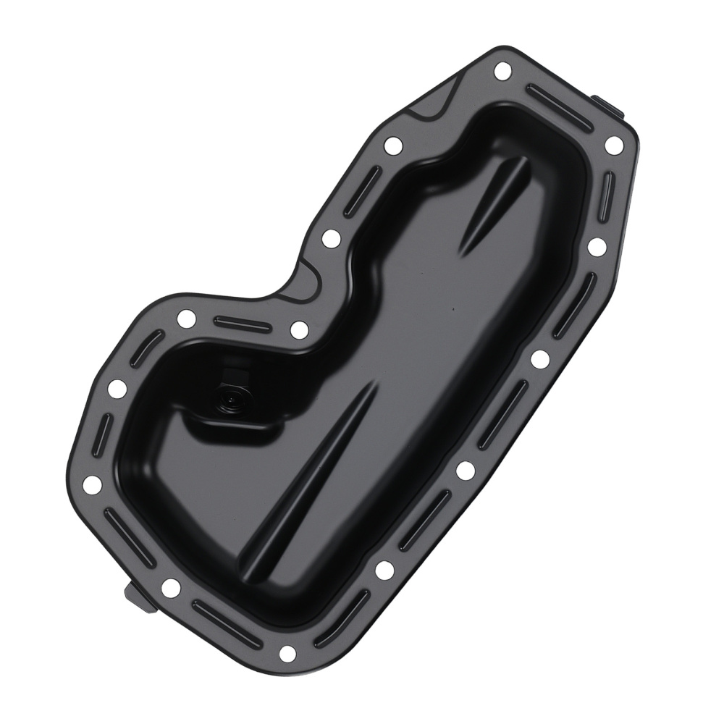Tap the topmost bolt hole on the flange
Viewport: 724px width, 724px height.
[501, 71]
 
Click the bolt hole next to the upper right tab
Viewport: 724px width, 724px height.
[613, 144]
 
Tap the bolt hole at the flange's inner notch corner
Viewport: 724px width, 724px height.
[299, 329]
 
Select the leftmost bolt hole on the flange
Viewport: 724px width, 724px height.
[93, 484]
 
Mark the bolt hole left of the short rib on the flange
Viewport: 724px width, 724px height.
[331, 237]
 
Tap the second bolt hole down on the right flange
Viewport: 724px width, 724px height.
[597, 246]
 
